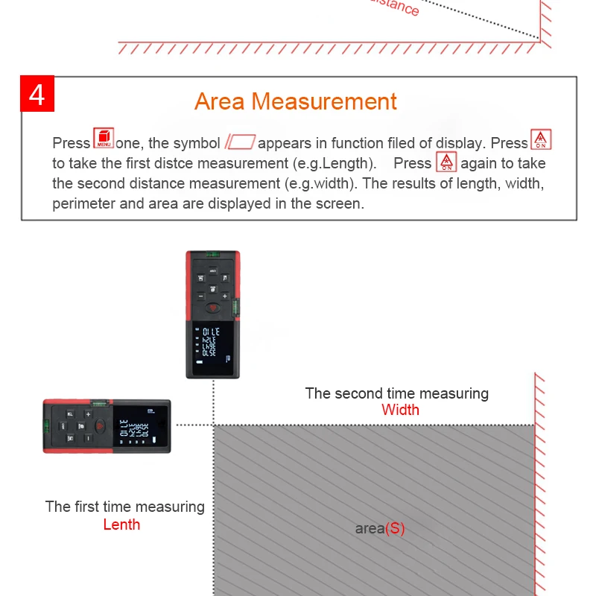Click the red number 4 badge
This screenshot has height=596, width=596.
click(x=37, y=95)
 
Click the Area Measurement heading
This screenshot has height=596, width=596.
click(x=296, y=101)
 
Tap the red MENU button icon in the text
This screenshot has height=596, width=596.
click(x=104, y=139)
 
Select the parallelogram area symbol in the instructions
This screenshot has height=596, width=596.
click(x=240, y=142)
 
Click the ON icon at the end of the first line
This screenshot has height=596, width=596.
click(x=541, y=140)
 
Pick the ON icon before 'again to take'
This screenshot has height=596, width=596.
click(x=446, y=162)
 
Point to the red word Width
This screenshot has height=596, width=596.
click(x=400, y=410)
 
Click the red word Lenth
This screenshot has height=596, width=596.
click(x=121, y=524)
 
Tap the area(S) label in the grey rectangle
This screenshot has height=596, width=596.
click(x=380, y=529)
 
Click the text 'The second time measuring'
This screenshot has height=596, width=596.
click(x=396, y=393)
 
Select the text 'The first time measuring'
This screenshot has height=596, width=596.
click(x=124, y=507)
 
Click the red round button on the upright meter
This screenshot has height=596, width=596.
click(x=212, y=308)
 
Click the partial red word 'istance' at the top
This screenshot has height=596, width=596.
click(x=395, y=7)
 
